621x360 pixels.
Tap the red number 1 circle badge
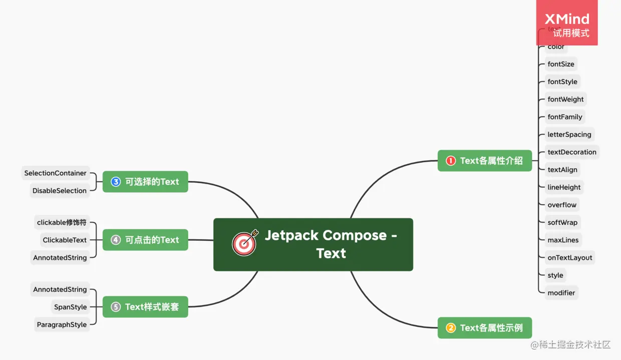451,161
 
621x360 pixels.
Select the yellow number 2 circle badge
451,328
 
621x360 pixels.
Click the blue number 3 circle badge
116,182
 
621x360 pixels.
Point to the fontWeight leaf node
565,99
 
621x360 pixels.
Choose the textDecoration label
571,152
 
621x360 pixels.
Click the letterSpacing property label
569,135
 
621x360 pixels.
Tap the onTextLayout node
569,258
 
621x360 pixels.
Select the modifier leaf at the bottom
561,293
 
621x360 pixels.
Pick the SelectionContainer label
56,173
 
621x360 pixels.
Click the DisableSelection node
60,191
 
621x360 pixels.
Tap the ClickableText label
65,240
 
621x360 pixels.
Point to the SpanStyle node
70,307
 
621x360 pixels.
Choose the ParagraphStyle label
62,325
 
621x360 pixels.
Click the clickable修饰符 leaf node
62,222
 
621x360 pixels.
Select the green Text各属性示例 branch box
484,328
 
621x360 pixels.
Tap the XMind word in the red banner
567,20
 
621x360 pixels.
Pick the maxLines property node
563,240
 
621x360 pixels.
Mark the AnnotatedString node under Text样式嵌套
60,290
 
